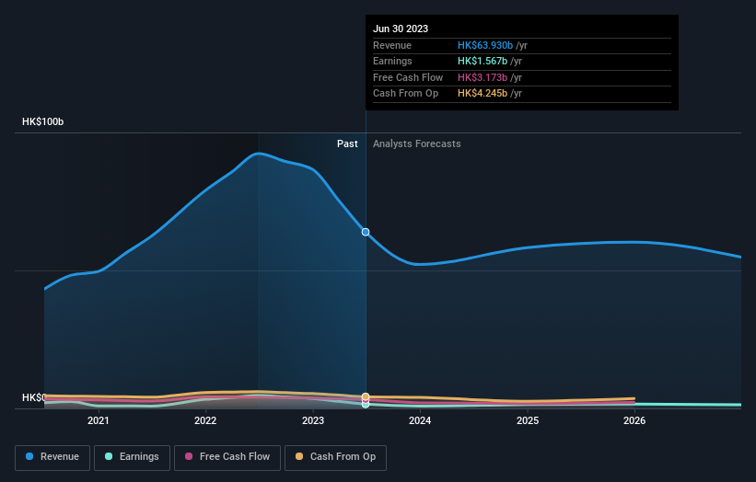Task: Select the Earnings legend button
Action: (x=131, y=456)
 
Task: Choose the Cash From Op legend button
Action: (x=336, y=456)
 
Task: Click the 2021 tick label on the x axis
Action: (x=98, y=420)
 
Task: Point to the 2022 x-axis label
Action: (x=205, y=420)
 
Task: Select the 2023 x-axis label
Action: (x=313, y=420)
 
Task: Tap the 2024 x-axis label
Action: (x=420, y=420)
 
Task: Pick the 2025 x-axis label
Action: (x=528, y=420)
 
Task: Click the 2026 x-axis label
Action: (x=634, y=420)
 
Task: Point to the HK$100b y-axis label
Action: (x=43, y=121)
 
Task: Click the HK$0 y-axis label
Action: (x=33, y=397)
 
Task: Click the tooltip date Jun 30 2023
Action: (x=401, y=29)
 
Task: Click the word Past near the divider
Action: (x=347, y=143)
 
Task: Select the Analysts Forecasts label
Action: (x=416, y=143)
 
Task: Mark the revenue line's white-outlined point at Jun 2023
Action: (x=366, y=232)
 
